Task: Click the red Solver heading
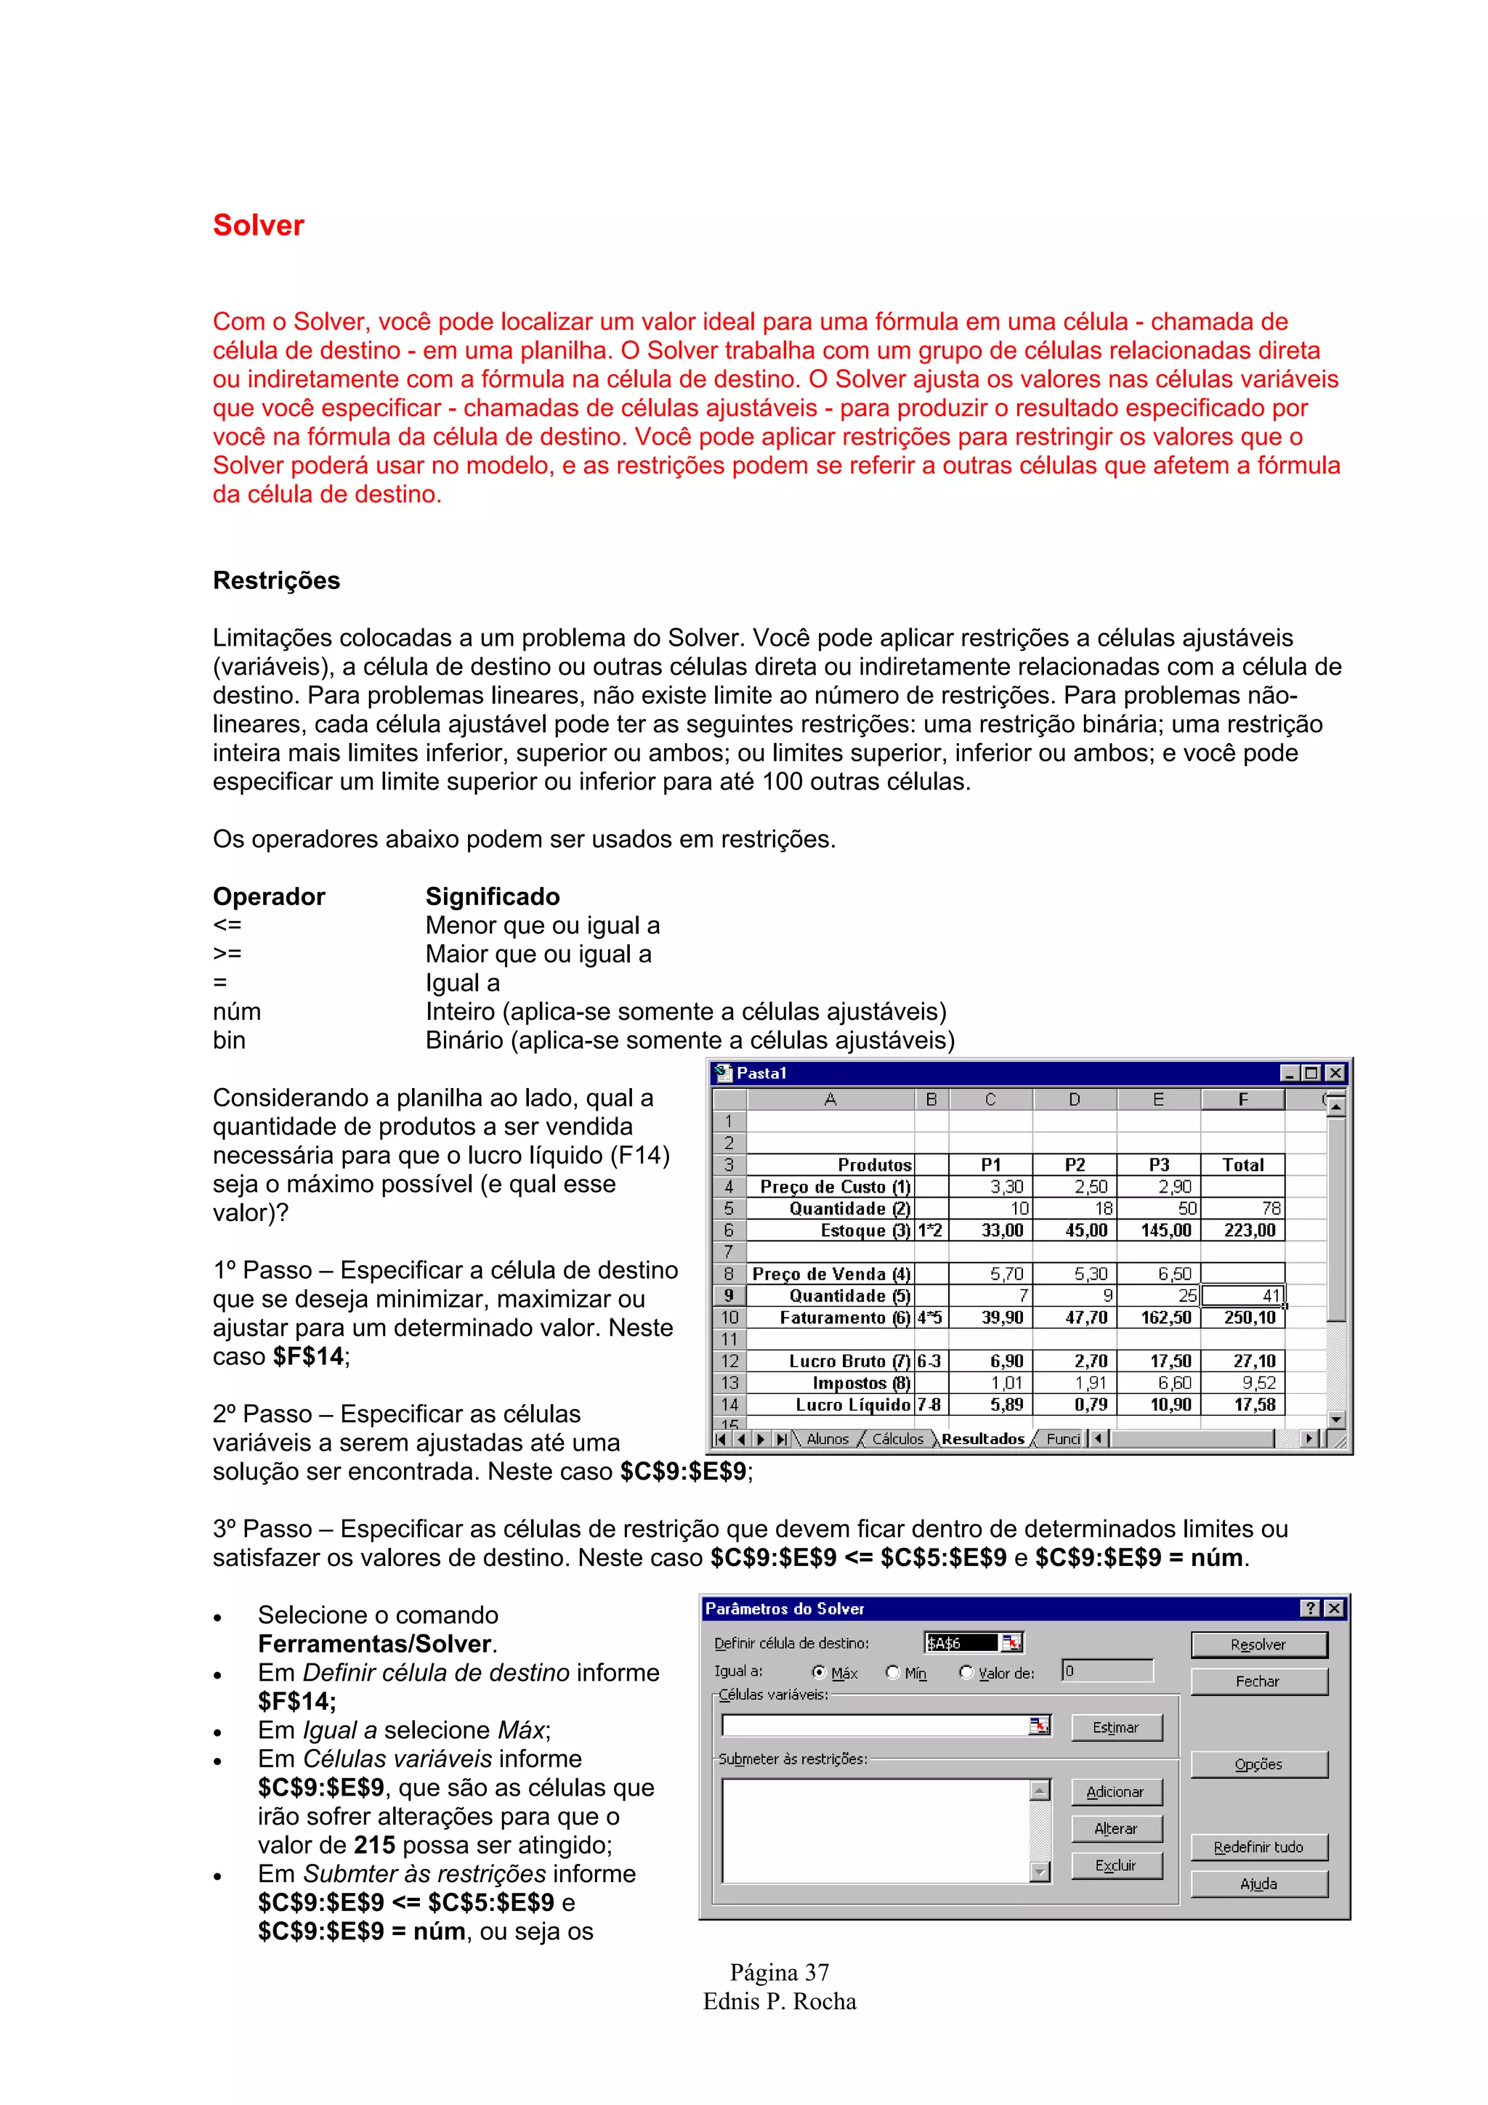click(x=258, y=225)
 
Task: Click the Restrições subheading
click(x=276, y=580)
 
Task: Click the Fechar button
click(x=1258, y=1682)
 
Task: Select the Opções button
click(x=1258, y=1764)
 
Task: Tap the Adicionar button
click(x=1116, y=1791)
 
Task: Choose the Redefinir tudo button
click(x=1258, y=1846)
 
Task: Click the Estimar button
click(x=1116, y=1727)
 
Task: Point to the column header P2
click(x=1075, y=1164)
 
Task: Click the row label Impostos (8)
click(x=861, y=1382)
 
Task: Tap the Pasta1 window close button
click(x=1335, y=1073)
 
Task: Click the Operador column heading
click(x=269, y=896)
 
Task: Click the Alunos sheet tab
click(x=827, y=1438)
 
